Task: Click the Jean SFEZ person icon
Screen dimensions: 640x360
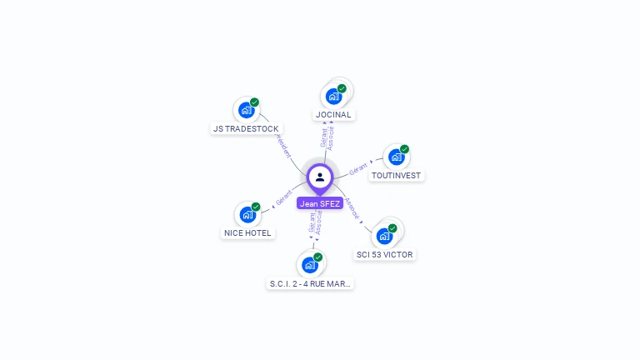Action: pos(320,177)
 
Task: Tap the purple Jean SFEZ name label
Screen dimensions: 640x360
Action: pos(320,203)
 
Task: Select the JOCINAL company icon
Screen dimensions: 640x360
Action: pos(333,96)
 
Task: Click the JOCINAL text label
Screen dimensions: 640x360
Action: pos(333,115)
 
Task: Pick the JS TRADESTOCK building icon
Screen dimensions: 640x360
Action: pos(246,110)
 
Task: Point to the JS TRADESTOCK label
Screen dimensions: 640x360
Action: pos(246,129)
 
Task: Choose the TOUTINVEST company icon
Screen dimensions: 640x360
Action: pos(396,157)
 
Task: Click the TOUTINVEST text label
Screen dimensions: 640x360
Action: pos(397,176)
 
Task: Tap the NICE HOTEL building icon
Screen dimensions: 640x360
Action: pos(247,214)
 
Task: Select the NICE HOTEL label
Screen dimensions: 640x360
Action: pos(247,233)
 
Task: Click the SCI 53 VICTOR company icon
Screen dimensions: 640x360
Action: pos(384,235)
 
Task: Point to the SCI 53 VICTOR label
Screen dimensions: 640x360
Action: pos(384,254)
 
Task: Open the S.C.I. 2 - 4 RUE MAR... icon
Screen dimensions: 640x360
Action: pos(310,265)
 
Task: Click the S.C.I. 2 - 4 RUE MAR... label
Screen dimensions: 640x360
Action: pos(311,284)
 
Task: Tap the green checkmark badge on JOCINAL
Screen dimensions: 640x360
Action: pos(342,88)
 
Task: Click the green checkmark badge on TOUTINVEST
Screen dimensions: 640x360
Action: pos(404,149)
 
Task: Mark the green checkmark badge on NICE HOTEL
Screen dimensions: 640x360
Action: pos(256,207)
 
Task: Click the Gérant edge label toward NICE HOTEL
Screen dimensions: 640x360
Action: pos(284,200)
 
